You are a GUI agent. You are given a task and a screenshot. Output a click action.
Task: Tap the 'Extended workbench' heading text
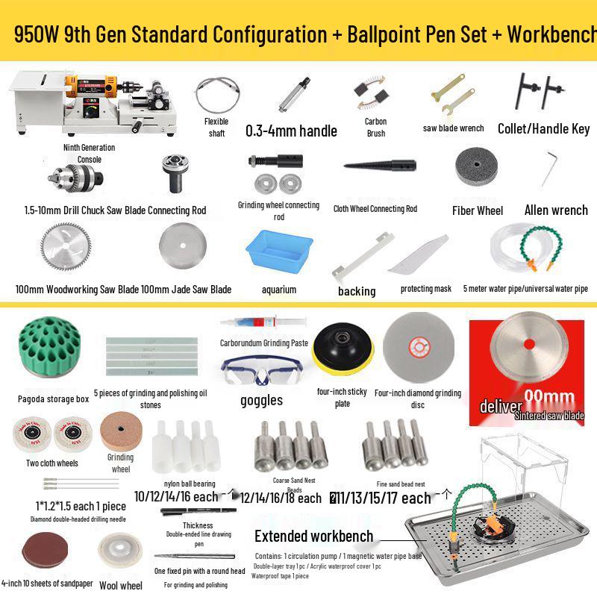[x=313, y=536]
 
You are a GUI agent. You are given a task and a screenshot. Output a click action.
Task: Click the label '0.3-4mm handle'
[x=291, y=131]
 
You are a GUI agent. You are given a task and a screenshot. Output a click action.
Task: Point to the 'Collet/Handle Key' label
[x=543, y=128]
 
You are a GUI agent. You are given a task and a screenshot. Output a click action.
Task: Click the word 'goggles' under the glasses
[x=261, y=400]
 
